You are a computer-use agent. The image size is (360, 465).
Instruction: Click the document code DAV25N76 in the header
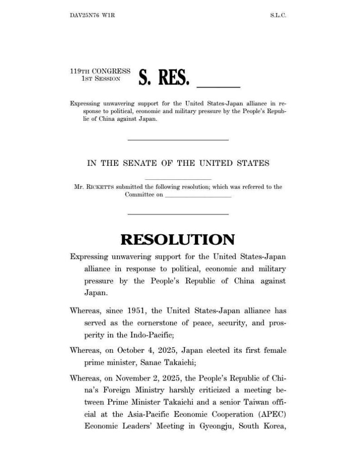[x=85, y=15]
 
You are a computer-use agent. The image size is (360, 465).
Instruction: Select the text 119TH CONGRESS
[x=100, y=71]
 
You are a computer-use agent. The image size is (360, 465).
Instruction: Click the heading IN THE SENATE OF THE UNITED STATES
[x=178, y=163]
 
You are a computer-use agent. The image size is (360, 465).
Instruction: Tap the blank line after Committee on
[x=197, y=195]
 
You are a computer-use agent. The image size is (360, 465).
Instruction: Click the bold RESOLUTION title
[x=178, y=239]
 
